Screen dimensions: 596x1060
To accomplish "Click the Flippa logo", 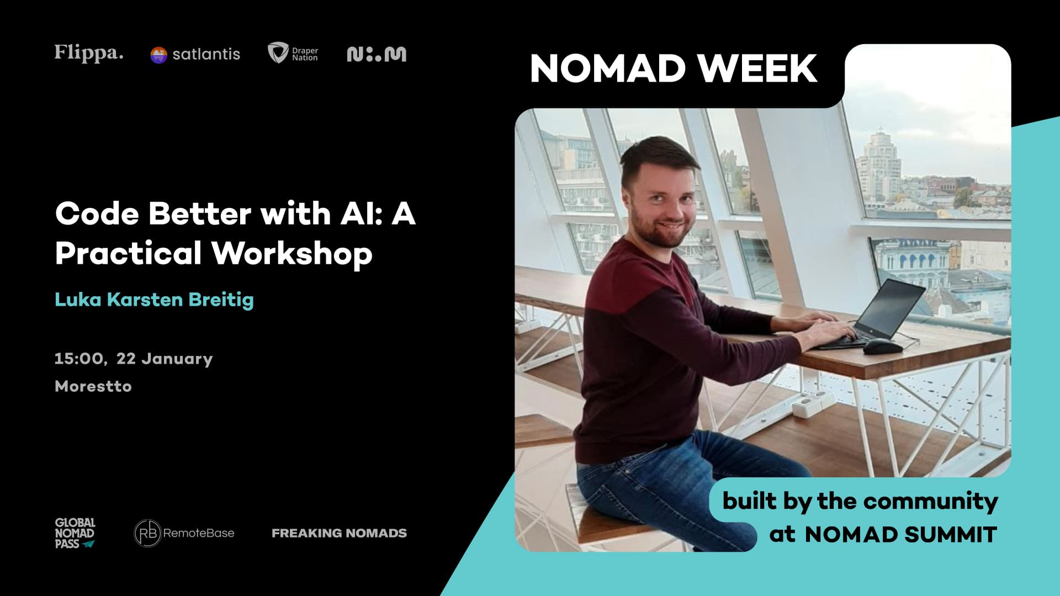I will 89,53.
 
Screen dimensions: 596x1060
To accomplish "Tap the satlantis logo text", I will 206,54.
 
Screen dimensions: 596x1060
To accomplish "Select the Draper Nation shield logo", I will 278,53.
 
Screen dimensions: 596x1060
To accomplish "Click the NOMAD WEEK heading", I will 673,68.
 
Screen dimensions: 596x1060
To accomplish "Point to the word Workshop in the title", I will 291,253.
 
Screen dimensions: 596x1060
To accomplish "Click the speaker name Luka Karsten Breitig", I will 154,300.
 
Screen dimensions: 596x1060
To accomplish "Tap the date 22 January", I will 165,359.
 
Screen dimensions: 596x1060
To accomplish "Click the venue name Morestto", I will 93,386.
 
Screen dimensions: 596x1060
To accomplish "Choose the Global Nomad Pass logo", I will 75,533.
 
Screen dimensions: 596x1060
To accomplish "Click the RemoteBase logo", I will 184,533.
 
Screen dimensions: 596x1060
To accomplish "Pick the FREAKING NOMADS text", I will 339,533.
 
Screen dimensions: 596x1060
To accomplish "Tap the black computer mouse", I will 882,347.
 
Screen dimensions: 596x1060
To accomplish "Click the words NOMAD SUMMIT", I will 900,535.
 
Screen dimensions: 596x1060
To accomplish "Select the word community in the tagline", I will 930,501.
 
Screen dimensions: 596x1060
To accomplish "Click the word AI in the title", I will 362,214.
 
